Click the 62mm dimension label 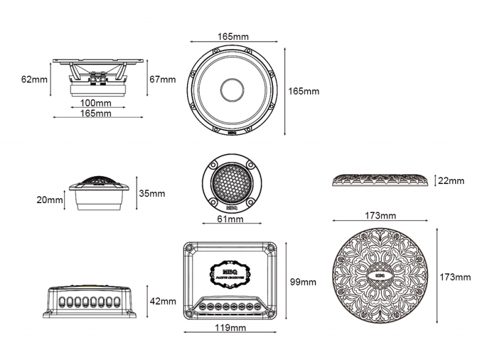[x=34, y=79]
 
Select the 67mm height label [x=162, y=79]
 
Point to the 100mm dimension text [x=95, y=102]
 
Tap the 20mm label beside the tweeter [x=50, y=199]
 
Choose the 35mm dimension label [x=151, y=193]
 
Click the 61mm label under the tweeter [x=231, y=219]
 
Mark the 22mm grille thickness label [x=451, y=181]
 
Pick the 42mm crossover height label [x=163, y=302]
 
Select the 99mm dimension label [x=303, y=282]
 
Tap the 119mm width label [x=231, y=328]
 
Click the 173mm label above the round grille [x=380, y=215]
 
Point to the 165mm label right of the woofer [x=304, y=91]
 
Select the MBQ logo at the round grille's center [x=379, y=275]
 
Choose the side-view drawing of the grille [x=380, y=180]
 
